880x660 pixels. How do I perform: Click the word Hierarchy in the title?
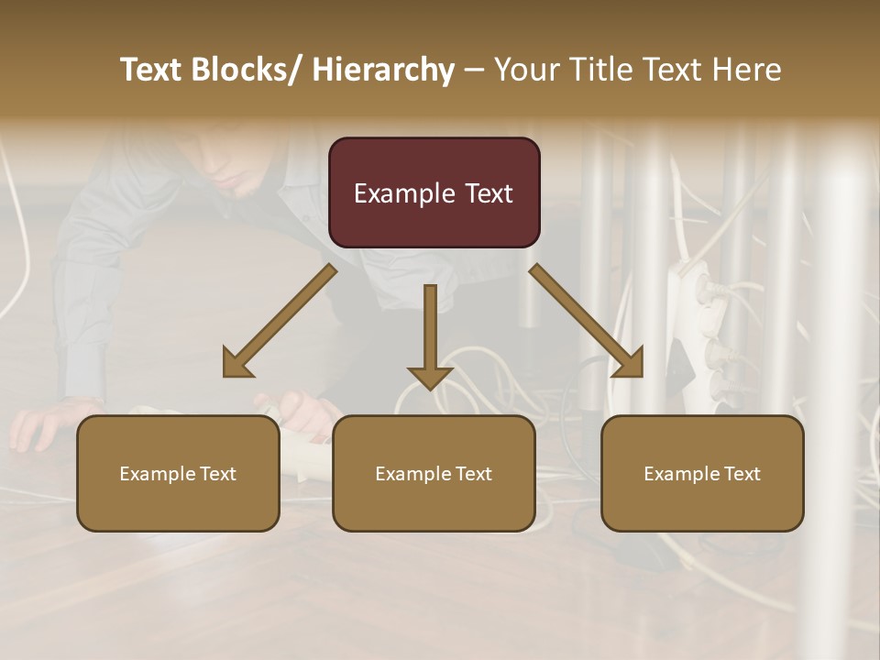point(383,70)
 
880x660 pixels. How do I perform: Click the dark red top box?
point(434,192)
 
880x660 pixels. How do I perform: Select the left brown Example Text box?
point(178,473)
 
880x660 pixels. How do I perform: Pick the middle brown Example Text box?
point(434,473)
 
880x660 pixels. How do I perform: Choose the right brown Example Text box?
point(702,473)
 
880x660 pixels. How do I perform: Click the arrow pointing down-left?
point(279,322)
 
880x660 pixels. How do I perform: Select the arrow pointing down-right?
point(588,322)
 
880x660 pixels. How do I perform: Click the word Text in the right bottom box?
point(742,474)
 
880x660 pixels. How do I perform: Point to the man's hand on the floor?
point(41,423)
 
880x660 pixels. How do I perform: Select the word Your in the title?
point(523,70)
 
